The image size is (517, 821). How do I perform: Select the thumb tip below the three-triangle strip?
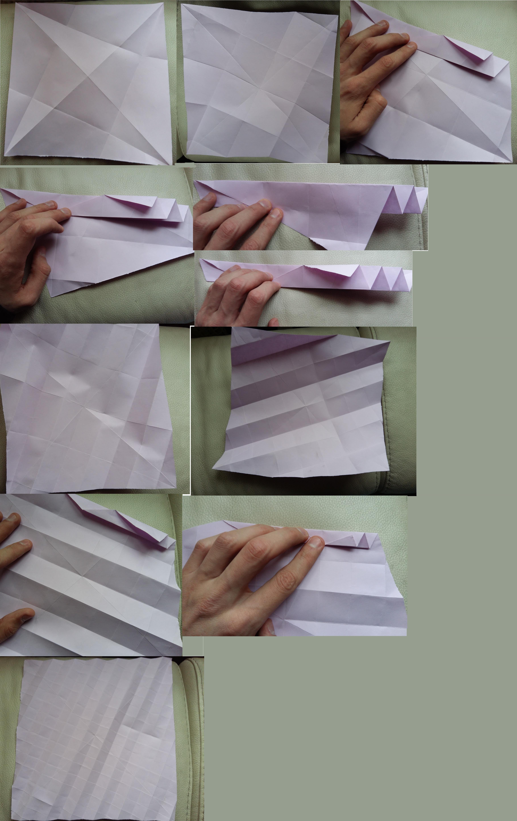pos(273,322)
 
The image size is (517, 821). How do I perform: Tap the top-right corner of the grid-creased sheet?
pos(171,658)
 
